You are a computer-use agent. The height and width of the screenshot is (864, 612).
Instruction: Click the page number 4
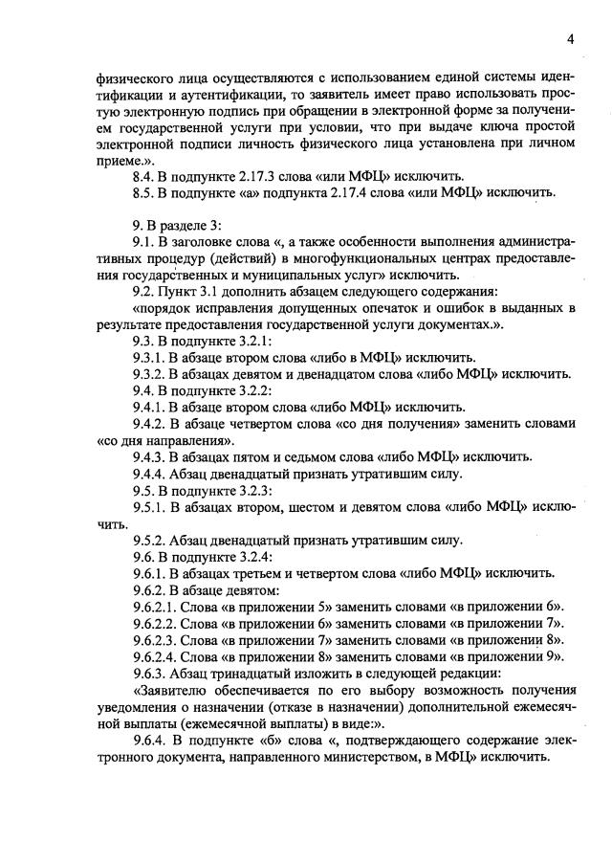tap(570, 39)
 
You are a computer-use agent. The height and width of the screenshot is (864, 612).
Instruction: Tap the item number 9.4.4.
tap(152, 474)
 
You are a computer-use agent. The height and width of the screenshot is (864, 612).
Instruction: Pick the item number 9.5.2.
tap(152, 541)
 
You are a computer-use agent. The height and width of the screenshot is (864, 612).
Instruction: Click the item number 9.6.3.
tap(152, 674)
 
